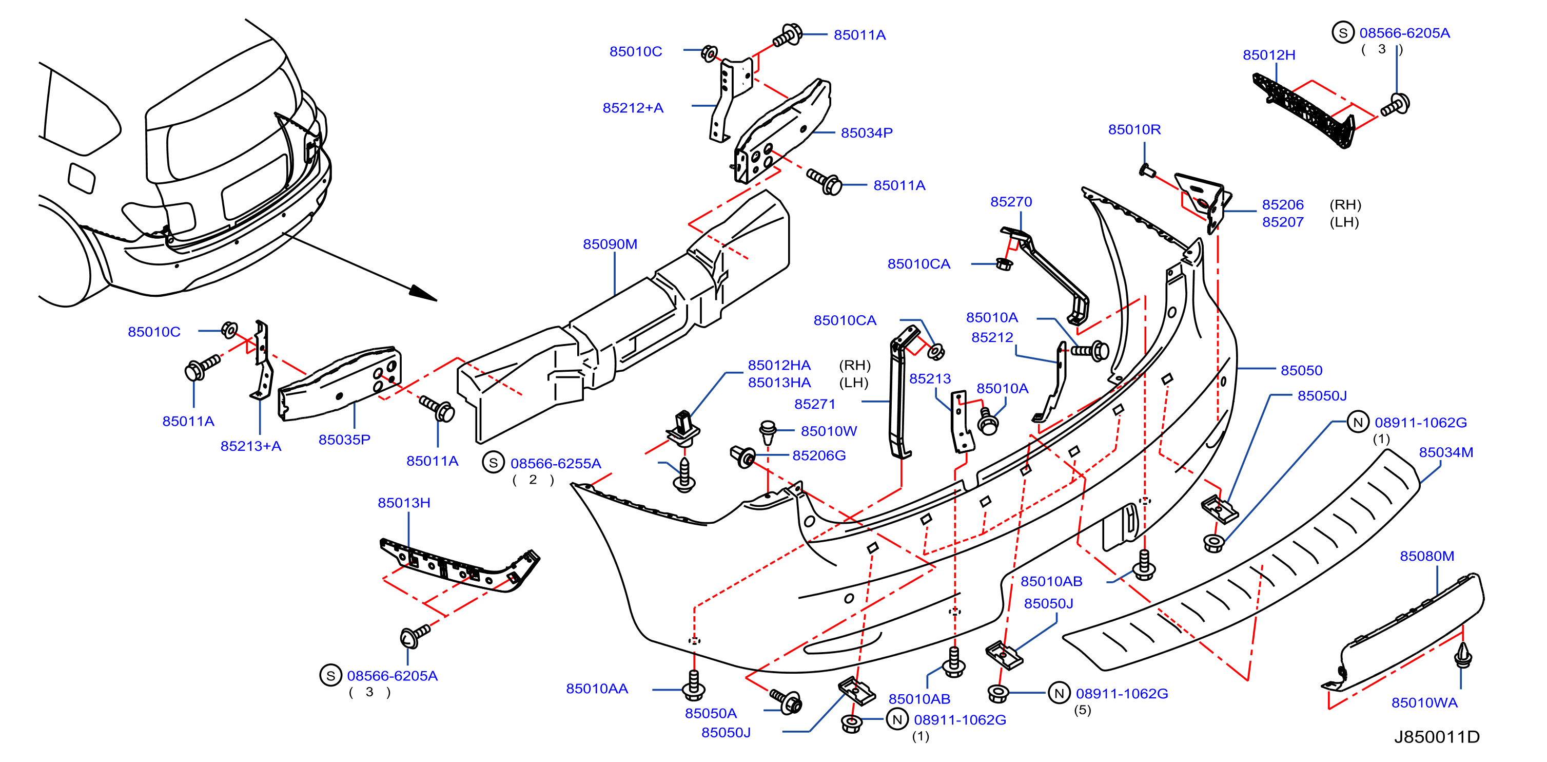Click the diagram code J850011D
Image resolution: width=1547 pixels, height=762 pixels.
(1437, 737)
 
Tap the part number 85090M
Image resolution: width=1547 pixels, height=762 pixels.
(610, 244)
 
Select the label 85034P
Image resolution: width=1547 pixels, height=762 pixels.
(866, 133)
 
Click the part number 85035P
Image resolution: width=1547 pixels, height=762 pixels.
(344, 440)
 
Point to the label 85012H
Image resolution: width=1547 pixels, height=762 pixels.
(1268, 55)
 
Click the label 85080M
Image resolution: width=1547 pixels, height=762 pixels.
(1427, 556)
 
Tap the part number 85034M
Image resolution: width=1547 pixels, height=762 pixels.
(1445, 452)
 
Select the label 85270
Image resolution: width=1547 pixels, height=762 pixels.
(1011, 201)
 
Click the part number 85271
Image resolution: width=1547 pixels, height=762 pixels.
(814, 404)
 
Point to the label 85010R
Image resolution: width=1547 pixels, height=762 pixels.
(1134, 129)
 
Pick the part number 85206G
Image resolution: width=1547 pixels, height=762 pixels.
(818, 455)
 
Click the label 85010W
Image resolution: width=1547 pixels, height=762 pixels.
(828, 431)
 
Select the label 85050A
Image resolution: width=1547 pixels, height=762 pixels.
(711, 713)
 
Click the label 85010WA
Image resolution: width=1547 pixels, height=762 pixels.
(1424, 702)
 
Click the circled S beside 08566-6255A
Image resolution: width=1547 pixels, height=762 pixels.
(493, 463)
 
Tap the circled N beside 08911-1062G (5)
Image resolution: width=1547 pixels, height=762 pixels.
(1059, 693)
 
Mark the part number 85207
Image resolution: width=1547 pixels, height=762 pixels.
(1282, 222)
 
